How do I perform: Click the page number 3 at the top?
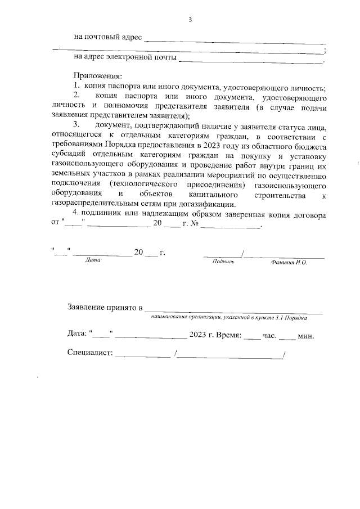(190, 20)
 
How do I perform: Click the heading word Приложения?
(98, 76)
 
